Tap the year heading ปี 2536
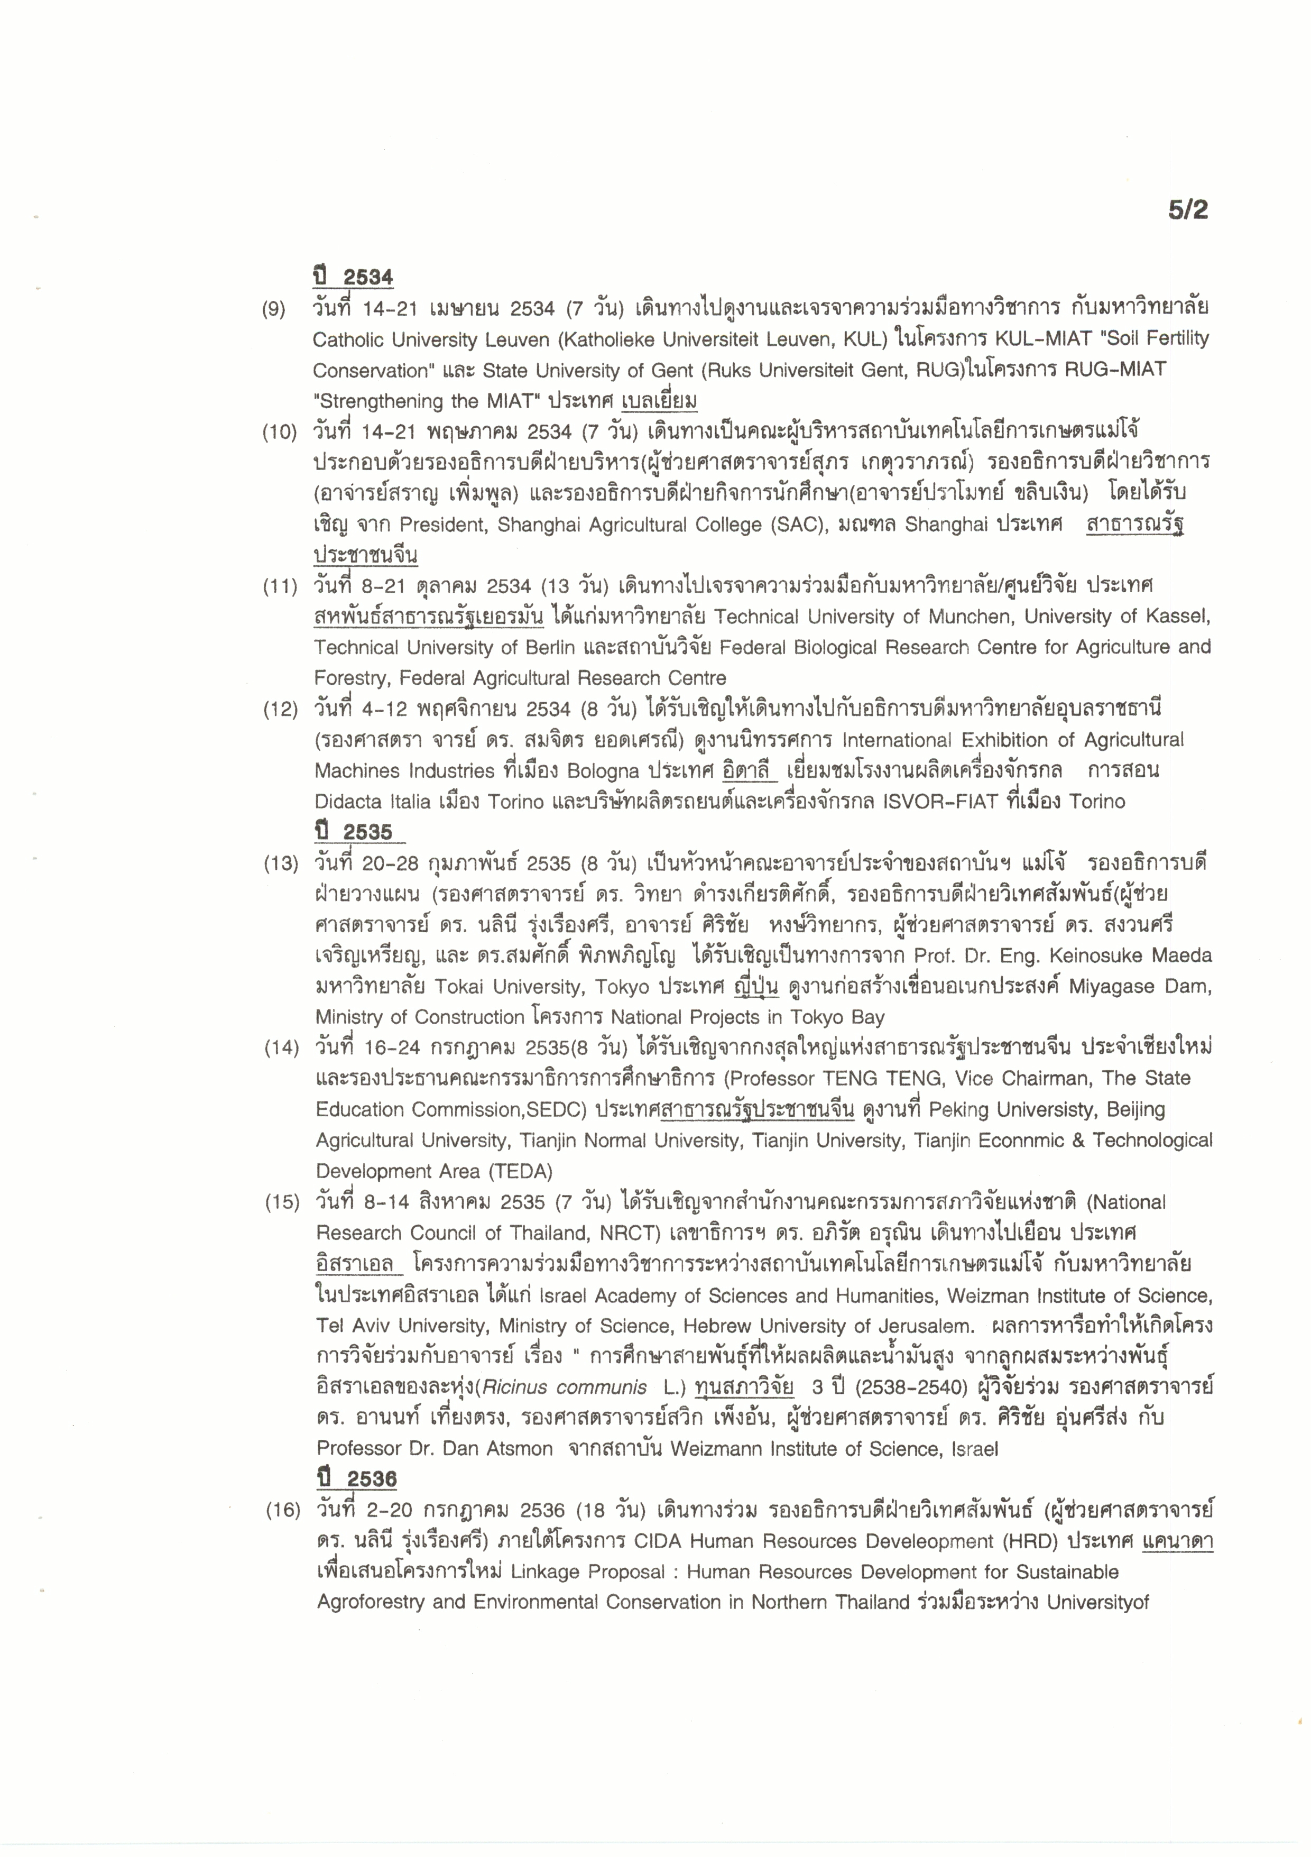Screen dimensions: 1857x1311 tap(357, 1479)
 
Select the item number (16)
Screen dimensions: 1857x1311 tap(282, 1510)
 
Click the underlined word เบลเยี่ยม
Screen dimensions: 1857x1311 tap(659, 401)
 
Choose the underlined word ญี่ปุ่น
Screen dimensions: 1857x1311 tap(755, 988)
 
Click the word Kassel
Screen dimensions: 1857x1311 tap(1178, 617)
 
